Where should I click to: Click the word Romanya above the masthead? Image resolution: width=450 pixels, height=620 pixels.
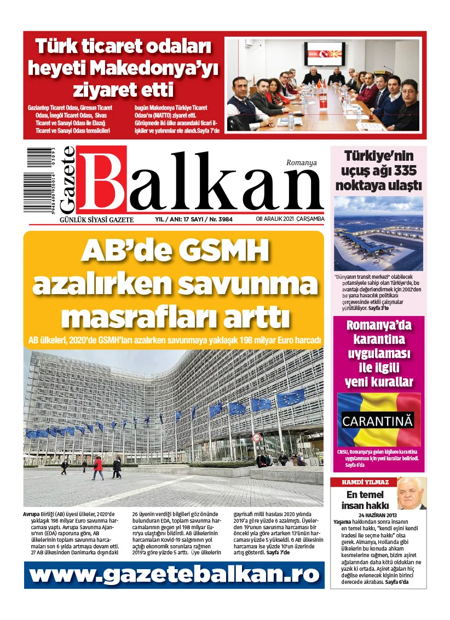point(301,162)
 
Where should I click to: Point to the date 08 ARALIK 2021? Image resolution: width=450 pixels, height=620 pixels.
point(274,219)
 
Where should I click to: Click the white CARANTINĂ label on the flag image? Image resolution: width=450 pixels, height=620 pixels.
point(378,421)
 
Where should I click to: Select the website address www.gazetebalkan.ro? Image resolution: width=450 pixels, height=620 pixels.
point(174,575)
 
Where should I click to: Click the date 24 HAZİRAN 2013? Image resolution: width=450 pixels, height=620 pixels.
point(377,515)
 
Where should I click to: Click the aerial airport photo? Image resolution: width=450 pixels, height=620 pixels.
point(378,234)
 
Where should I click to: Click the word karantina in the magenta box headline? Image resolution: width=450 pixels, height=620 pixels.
point(378,340)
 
